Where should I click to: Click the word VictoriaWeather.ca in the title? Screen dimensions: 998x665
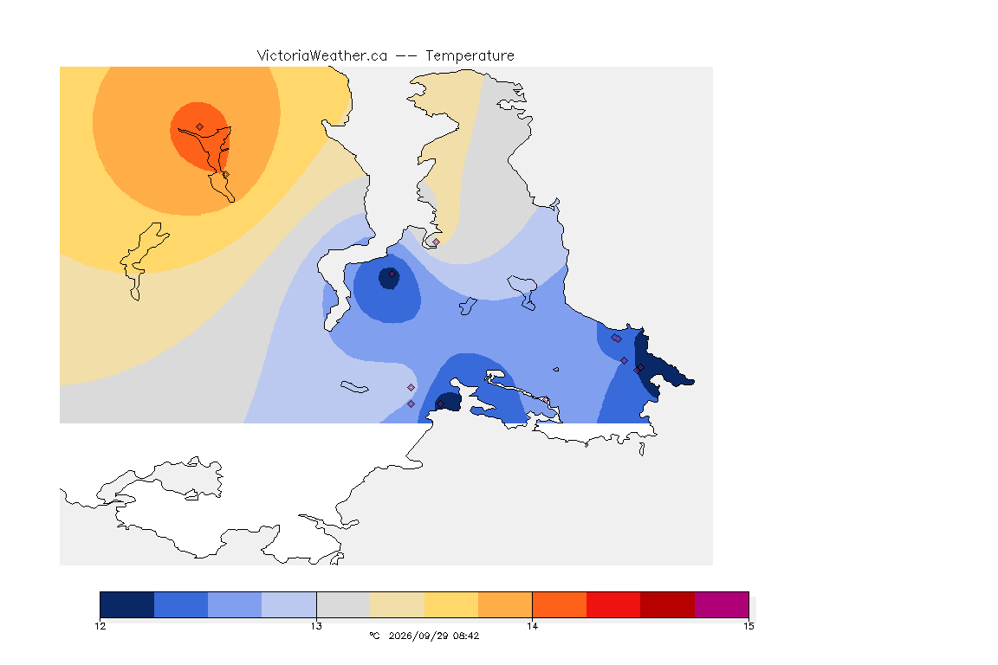pos(322,56)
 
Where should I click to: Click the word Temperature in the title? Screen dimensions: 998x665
pos(470,56)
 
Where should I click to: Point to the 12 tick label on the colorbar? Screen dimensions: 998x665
pos(100,626)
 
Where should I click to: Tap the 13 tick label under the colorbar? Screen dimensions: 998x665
pos(316,626)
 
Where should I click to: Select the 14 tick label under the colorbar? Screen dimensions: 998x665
pos(532,626)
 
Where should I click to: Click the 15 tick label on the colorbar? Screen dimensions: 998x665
pos(748,626)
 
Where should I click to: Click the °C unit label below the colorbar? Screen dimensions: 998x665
pos(374,636)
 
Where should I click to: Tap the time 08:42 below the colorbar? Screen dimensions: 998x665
pos(466,636)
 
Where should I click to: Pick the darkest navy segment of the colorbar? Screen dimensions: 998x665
pos(127,604)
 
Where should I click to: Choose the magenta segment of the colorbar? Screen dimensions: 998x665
pos(722,604)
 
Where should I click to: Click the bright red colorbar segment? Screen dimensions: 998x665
pos(613,604)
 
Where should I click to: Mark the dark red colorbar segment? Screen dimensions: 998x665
pos(668,604)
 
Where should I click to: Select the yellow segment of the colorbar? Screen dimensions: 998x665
pos(451,604)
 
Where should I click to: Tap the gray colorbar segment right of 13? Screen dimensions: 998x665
pos(344,604)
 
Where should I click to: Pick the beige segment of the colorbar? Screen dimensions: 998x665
pos(397,604)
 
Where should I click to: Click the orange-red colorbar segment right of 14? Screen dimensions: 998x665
pos(560,604)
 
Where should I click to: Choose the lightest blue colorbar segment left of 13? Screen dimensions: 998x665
pos(289,604)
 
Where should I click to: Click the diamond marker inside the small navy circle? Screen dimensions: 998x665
pos(392,274)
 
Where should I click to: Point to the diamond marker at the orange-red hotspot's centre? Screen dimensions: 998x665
pos(200,127)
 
